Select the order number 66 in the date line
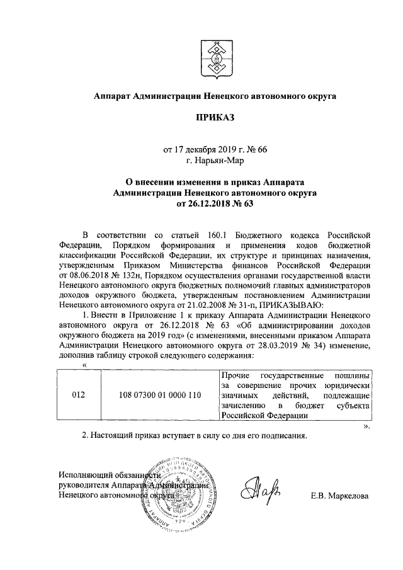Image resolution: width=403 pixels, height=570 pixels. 262,149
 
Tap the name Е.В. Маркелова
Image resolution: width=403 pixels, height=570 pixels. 340,496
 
